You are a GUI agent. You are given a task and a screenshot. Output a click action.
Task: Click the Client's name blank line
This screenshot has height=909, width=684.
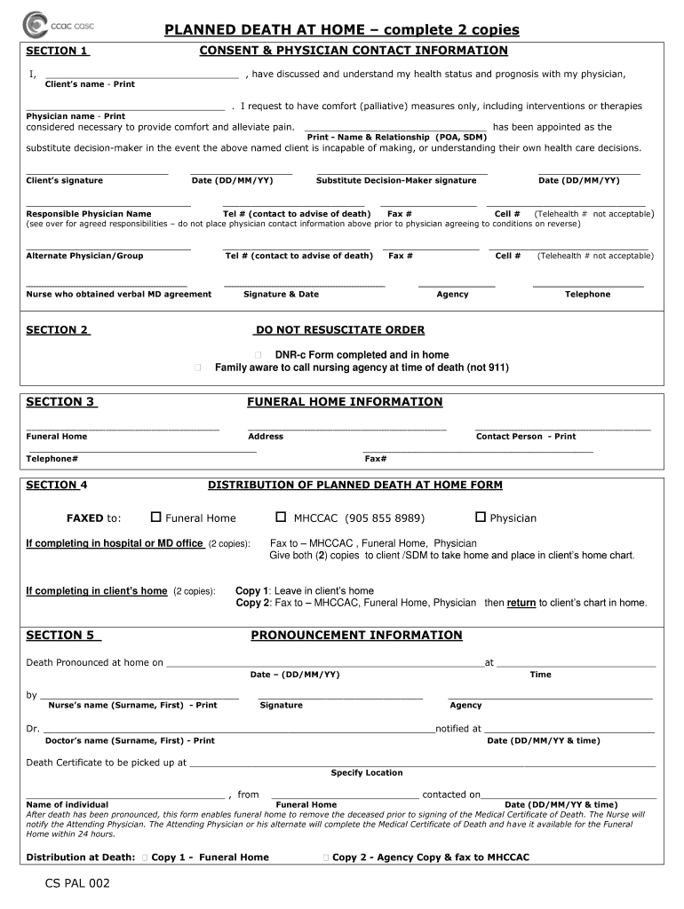(x=141, y=76)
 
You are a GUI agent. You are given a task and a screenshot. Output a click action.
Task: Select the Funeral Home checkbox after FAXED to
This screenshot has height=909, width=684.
(x=156, y=517)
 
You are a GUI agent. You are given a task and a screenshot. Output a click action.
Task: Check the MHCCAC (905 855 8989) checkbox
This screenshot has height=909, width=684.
(x=281, y=517)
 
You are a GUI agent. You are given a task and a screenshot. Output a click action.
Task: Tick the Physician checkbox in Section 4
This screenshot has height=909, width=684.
(x=481, y=517)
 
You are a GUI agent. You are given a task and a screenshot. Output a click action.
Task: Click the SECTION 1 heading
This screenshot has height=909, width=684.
(x=57, y=51)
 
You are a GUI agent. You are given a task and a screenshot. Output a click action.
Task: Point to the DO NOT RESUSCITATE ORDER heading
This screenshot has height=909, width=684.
(x=339, y=330)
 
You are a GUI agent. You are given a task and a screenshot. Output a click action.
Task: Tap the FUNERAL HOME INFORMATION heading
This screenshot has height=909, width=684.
(x=344, y=402)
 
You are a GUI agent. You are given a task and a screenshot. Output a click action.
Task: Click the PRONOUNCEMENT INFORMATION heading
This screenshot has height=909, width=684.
(x=356, y=636)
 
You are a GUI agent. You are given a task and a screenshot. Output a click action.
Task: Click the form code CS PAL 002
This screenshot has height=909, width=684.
(x=79, y=883)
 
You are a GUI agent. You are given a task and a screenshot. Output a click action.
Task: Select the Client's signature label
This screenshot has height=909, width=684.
(x=65, y=181)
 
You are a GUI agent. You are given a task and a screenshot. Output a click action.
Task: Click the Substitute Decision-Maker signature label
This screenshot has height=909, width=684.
(x=396, y=181)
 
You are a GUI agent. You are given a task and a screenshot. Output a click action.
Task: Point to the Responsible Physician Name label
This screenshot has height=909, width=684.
(x=89, y=214)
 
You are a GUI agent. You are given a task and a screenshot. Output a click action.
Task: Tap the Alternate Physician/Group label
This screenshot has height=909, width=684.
(x=84, y=256)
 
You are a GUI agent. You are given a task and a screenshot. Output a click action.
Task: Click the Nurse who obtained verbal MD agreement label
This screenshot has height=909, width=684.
(x=119, y=295)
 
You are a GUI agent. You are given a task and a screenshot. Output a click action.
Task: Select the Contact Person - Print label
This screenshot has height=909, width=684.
(x=526, y=437)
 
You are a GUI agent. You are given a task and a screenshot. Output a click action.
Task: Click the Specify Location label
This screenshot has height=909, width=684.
(x=367, y=773)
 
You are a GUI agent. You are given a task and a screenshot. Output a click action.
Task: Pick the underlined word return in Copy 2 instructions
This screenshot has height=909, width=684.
(x=521, y=603)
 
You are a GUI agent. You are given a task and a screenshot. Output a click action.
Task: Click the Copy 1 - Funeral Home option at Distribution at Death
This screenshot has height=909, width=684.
(x=210, y=858)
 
